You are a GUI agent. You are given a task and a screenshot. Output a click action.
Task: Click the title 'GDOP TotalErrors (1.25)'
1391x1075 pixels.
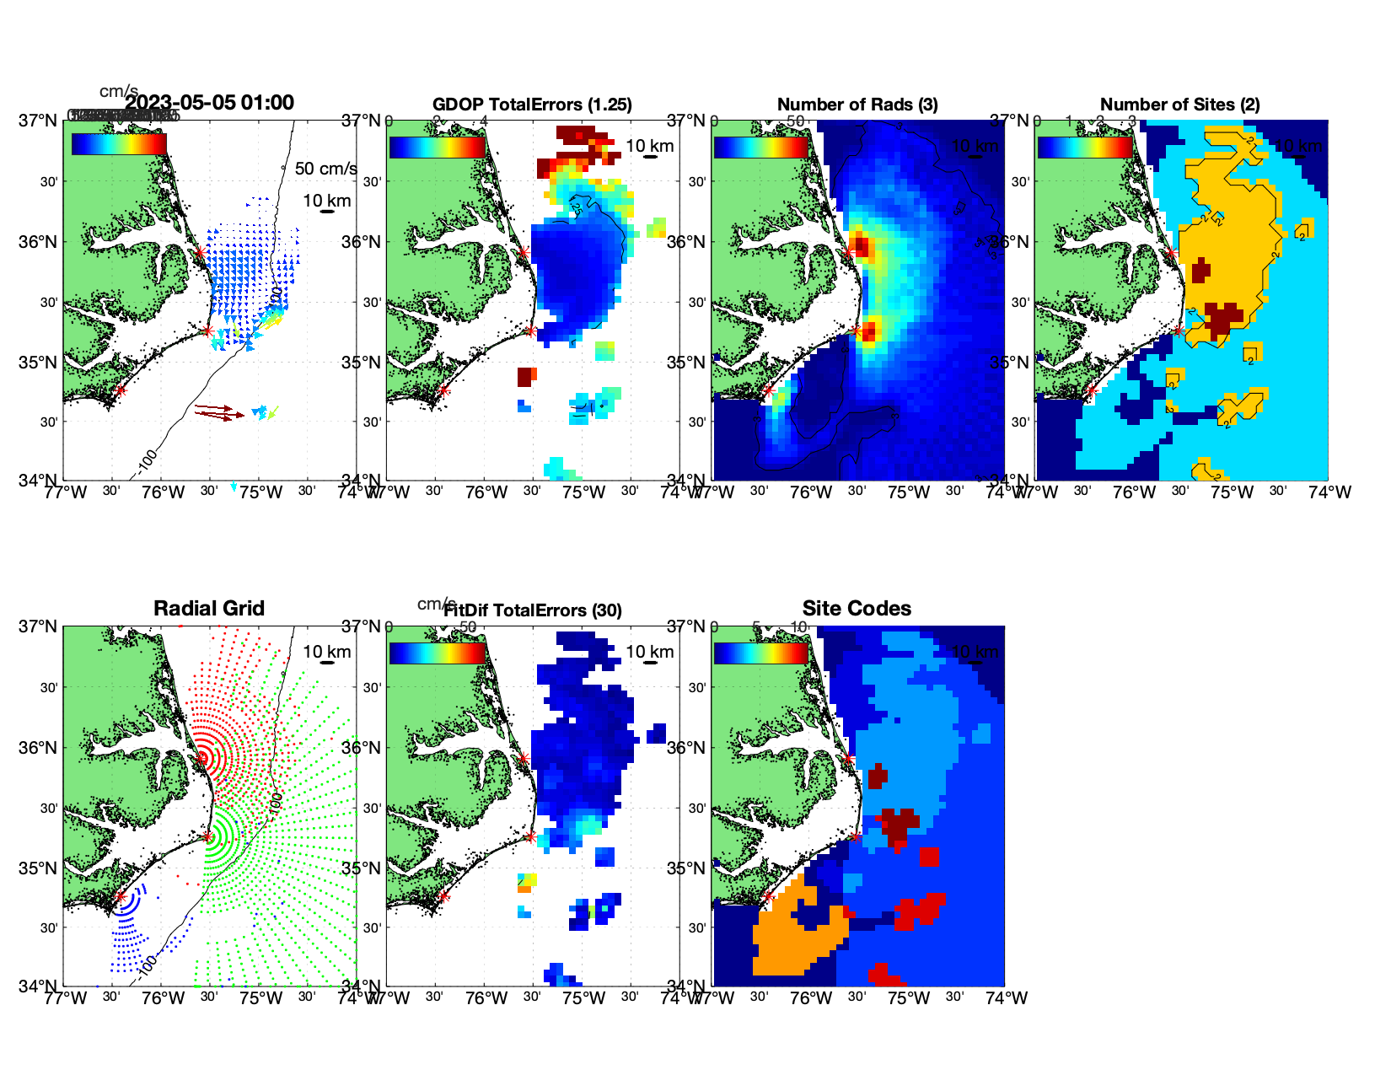532,105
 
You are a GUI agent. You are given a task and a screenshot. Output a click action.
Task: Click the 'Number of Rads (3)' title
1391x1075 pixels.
857,105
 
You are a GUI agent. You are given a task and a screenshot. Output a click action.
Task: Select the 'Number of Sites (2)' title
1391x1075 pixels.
1179,105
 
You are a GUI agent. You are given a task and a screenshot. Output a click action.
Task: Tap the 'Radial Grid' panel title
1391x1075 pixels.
209,609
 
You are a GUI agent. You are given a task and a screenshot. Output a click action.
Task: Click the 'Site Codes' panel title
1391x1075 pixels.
857,609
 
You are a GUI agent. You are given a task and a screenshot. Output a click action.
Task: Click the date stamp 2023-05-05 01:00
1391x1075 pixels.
210,103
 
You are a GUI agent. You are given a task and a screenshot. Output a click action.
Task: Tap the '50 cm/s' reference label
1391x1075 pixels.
325,169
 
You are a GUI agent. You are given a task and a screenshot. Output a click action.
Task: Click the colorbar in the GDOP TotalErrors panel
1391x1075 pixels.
437,146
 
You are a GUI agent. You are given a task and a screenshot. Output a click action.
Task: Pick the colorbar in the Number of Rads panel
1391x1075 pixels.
760,146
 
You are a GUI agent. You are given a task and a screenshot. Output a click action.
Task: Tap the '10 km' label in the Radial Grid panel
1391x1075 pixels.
326,652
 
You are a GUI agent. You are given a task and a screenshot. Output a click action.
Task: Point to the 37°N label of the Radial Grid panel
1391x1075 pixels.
38,626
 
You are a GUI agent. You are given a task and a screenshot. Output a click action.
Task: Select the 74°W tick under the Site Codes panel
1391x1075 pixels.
1006,998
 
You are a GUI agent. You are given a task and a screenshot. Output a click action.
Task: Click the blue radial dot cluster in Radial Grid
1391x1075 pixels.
126,927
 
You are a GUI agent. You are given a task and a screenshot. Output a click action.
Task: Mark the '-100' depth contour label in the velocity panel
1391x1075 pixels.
147,460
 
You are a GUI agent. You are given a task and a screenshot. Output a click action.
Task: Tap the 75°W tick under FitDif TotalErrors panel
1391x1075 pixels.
584,998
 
